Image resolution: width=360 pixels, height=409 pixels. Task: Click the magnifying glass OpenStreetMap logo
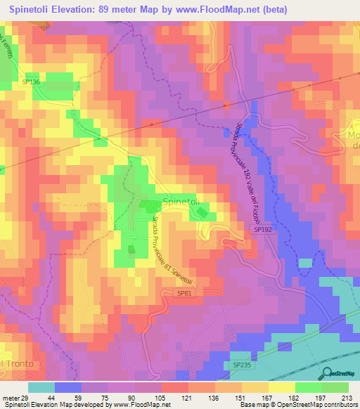tap(327, 372)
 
